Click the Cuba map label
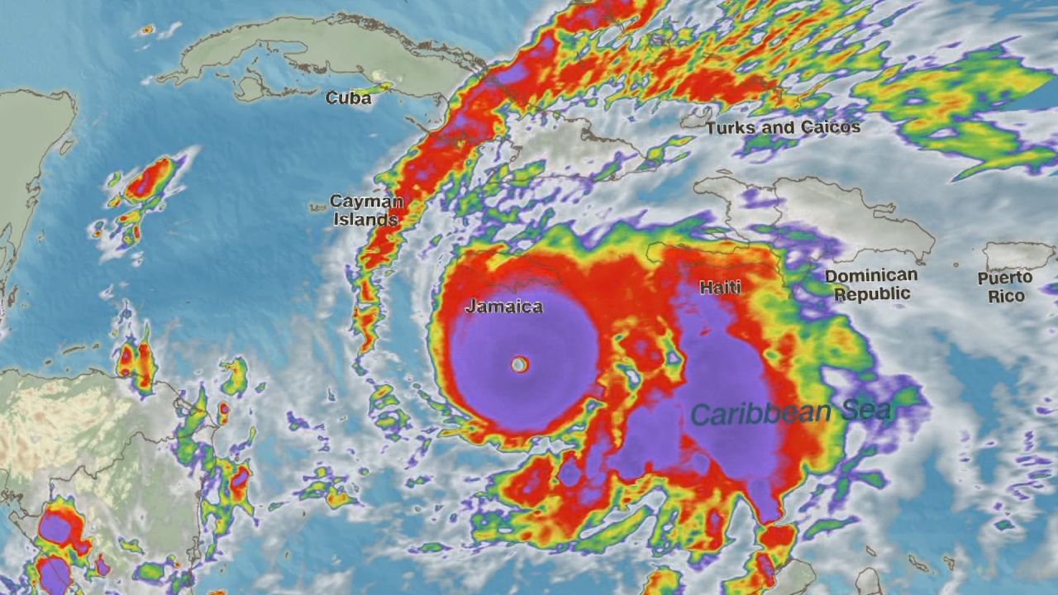[x=348, y=98]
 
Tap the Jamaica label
[x=504, y=307]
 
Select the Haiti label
[x=720, y=288]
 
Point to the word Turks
[x=733, y=128]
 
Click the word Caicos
[x=829, y=127]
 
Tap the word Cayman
[x=366, y=202]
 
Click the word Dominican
[x=871, y=276]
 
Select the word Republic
[x=872, y=293]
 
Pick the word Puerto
[x=1005, y=278]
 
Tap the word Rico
[x=1006, y=296]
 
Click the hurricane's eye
[x=519, y=364]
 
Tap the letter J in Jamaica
[x=470, y=307]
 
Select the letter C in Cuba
[x=331, y=98]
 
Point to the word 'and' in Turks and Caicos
[x=781, y=128]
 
